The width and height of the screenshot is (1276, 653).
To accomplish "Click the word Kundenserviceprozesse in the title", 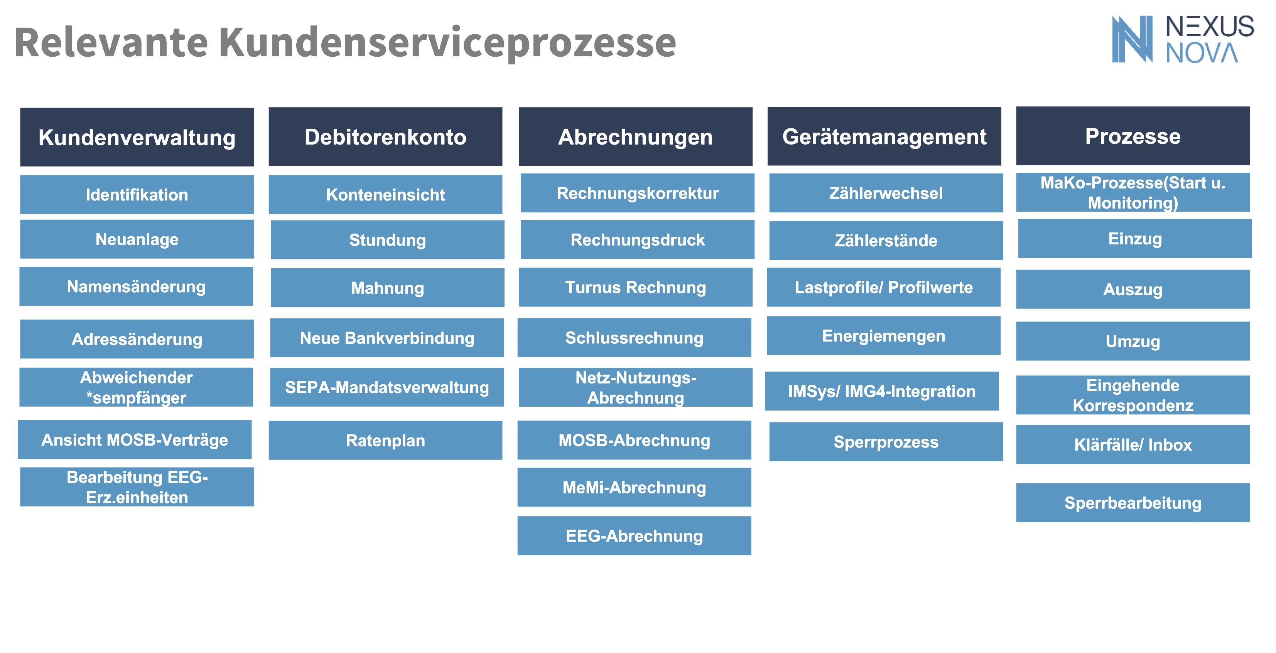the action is click(447, 42).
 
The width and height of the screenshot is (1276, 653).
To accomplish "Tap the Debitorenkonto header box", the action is click(385, 136).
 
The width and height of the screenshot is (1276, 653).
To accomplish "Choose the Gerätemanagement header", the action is click(884, 136).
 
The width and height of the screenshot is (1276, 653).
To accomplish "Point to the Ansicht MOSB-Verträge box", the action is click(135, 439).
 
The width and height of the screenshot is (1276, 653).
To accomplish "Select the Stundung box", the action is click(387, 240).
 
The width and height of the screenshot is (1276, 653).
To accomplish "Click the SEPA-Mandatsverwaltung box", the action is click(387, 387).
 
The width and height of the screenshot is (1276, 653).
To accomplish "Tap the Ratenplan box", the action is click(385, 440).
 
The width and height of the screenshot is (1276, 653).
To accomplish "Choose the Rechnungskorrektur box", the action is click(638, 193).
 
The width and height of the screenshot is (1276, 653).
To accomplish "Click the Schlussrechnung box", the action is click(635, 338).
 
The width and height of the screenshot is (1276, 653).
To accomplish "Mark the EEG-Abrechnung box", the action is click(635, 536).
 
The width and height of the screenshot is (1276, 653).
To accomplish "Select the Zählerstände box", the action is click(886, 240).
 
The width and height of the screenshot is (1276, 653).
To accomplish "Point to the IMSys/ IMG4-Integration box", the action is click(882, 391).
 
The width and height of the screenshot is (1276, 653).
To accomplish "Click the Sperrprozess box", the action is click(886, 442).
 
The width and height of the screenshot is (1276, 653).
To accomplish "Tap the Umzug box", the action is click(1133, 341).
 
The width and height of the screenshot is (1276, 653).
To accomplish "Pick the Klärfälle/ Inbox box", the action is click(1133, 444).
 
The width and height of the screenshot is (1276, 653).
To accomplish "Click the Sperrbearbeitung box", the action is click(1133, 503).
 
